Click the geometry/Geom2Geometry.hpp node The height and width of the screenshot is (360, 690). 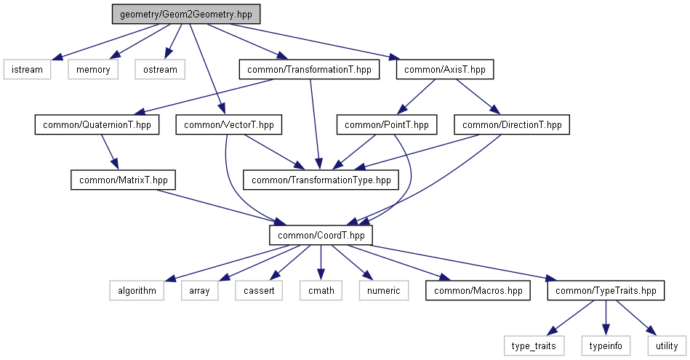click(x=185, y=15)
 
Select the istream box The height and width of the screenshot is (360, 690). click(x=27, y=70)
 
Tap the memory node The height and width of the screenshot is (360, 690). click(x=92, y=70)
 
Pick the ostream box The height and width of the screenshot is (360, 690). click(x=159, y=70)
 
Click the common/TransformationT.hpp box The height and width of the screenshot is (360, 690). click(x=309, y=70)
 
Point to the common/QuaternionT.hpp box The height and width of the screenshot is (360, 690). click(x=97, y=125)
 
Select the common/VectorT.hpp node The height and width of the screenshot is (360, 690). click(x=229, y=125)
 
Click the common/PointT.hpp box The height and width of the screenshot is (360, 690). click(x=387, y=125)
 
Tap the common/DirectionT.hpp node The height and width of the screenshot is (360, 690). click(x=512, y=125)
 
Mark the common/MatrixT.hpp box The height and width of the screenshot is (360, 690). click(x=123, y=180)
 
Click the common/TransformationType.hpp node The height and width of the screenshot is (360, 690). click(x=321, y=180)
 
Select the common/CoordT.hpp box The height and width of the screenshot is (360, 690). click(x=321, y=235)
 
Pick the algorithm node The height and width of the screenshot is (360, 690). click(x=132, y=290)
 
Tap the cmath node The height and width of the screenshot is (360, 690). click(x=321, y=290)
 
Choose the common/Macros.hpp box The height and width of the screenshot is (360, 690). click(x=478, y=290)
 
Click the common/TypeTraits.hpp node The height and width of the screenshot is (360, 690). click(x=606, y=290)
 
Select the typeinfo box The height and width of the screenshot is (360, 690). click(x=605, y=345)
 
